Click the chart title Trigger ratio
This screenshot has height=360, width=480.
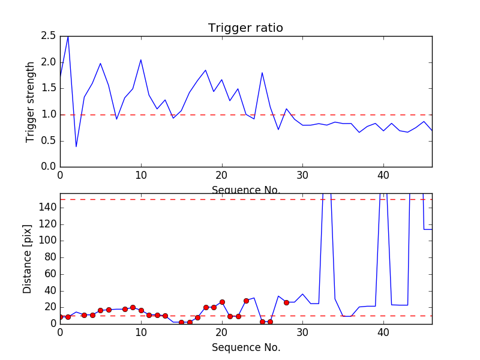point(245,28)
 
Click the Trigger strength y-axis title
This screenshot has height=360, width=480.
point(31,101)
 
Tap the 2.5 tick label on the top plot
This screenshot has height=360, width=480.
point(49,36)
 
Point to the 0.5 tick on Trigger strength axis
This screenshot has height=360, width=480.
point(49,140)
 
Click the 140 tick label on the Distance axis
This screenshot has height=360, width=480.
point(47,208)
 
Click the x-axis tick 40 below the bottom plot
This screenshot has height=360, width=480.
point(383,334)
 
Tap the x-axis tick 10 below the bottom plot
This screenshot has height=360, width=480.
point(141,334)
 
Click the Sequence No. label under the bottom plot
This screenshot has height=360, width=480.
point(245,347)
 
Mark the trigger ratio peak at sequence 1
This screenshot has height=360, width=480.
point(68,37)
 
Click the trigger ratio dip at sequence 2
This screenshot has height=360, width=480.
point(76,146)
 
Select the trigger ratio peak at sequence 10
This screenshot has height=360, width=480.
point(141,59)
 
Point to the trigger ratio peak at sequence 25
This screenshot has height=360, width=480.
point(262,73)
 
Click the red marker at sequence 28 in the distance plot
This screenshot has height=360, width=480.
point(286,302)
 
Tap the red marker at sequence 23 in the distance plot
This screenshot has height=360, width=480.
point(246,300)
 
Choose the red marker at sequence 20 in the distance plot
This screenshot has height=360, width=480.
point(222,302)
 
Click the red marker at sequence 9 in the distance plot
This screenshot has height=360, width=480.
point(133,307)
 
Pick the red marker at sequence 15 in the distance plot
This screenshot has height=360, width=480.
point(181,322)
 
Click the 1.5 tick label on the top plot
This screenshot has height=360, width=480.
point(49,88)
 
